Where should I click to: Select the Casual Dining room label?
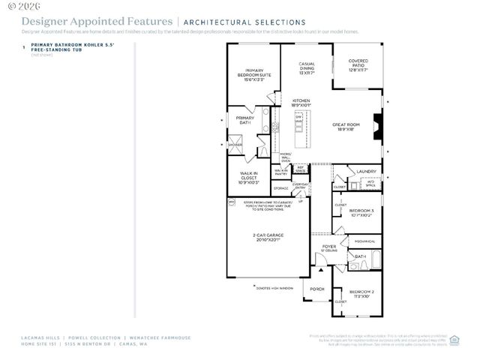tap(306, 68)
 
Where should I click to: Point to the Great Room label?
tap(348, 127)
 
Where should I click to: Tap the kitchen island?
tap(298, 130)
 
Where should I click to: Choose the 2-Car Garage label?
tap(267, 238)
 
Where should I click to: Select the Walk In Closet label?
tap(247, 178)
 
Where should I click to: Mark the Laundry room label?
tap(366, 172)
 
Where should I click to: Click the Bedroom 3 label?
tap(361, 213)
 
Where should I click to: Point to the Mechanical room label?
tap(364, 241)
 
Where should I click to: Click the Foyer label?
tap(329, 247)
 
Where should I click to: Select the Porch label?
tap(316, 289)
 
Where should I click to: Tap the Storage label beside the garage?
tap(280, 188)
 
